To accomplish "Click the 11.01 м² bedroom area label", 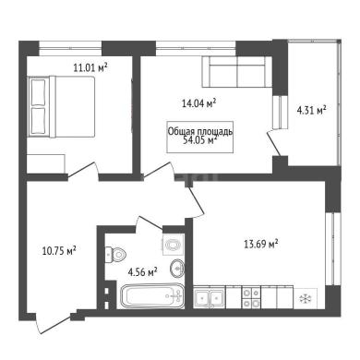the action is coord(90,67).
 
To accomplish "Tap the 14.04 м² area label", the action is coord(198,103).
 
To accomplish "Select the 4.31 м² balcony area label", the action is coord(311,110).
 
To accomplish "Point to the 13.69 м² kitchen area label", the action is coord(261,245).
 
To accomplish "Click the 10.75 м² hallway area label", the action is coord(59,251).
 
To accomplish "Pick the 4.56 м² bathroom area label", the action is coord(143,272).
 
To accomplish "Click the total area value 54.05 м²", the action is coord(200,140).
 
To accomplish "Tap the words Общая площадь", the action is coord(200,131).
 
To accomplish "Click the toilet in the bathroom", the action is coord(115,255).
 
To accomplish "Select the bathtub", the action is coord(152,296).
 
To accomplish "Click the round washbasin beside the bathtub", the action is coord(177,269).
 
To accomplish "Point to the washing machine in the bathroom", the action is coord(174,244).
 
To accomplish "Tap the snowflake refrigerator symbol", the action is coord(306,298).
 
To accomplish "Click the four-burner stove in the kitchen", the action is coord(251,297).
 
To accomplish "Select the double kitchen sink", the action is coord(210,297).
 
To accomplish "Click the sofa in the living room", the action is coord(237,72).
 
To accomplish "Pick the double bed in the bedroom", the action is coord(62,106).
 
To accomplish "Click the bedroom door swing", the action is coord(83,171).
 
